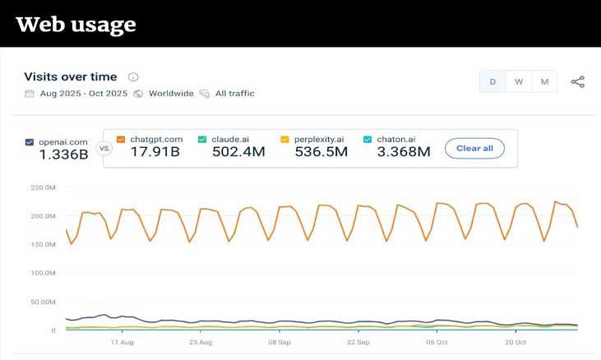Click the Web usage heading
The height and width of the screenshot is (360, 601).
click(x=76, y=25)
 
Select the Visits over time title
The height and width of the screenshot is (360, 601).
click(x=71, y=76)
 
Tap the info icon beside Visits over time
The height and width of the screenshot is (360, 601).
click(x=133, y=77)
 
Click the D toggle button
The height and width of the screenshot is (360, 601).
click(x=492, y=81)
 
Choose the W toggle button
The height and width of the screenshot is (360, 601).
click(x=519, y=81)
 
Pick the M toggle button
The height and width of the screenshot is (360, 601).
click(x=544, y=81)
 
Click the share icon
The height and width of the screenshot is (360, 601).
click(x=578, y=81)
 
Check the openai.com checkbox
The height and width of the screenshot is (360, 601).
click(x=30, y=142)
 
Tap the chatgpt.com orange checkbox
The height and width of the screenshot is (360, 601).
click(x=121, y=139)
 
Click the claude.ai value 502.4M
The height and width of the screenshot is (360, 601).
click(x=236, y=152)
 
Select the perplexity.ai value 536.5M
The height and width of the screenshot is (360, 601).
click(x=321, y=152)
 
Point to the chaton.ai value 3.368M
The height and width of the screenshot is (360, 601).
click(x=403, y=152)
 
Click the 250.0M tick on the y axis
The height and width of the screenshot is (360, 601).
click(x=43, y=187)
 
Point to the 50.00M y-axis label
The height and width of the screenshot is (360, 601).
click(x=43, y=302)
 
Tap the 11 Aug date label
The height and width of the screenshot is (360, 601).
click(x=121, y=342)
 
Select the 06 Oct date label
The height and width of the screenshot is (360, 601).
click(x=437, y=342)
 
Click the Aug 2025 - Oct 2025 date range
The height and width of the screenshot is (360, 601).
click(x=83, y=94)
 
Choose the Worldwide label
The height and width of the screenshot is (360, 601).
click(x=171, y=94)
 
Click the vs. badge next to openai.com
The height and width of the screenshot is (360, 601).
click(x=104, y=149)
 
